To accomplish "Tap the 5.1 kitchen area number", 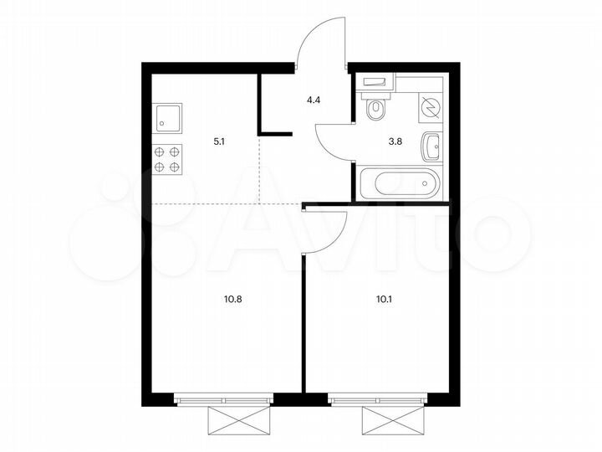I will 220,142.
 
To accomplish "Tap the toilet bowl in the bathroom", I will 375,106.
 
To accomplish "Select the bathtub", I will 398,183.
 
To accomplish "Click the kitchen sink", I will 168,119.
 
